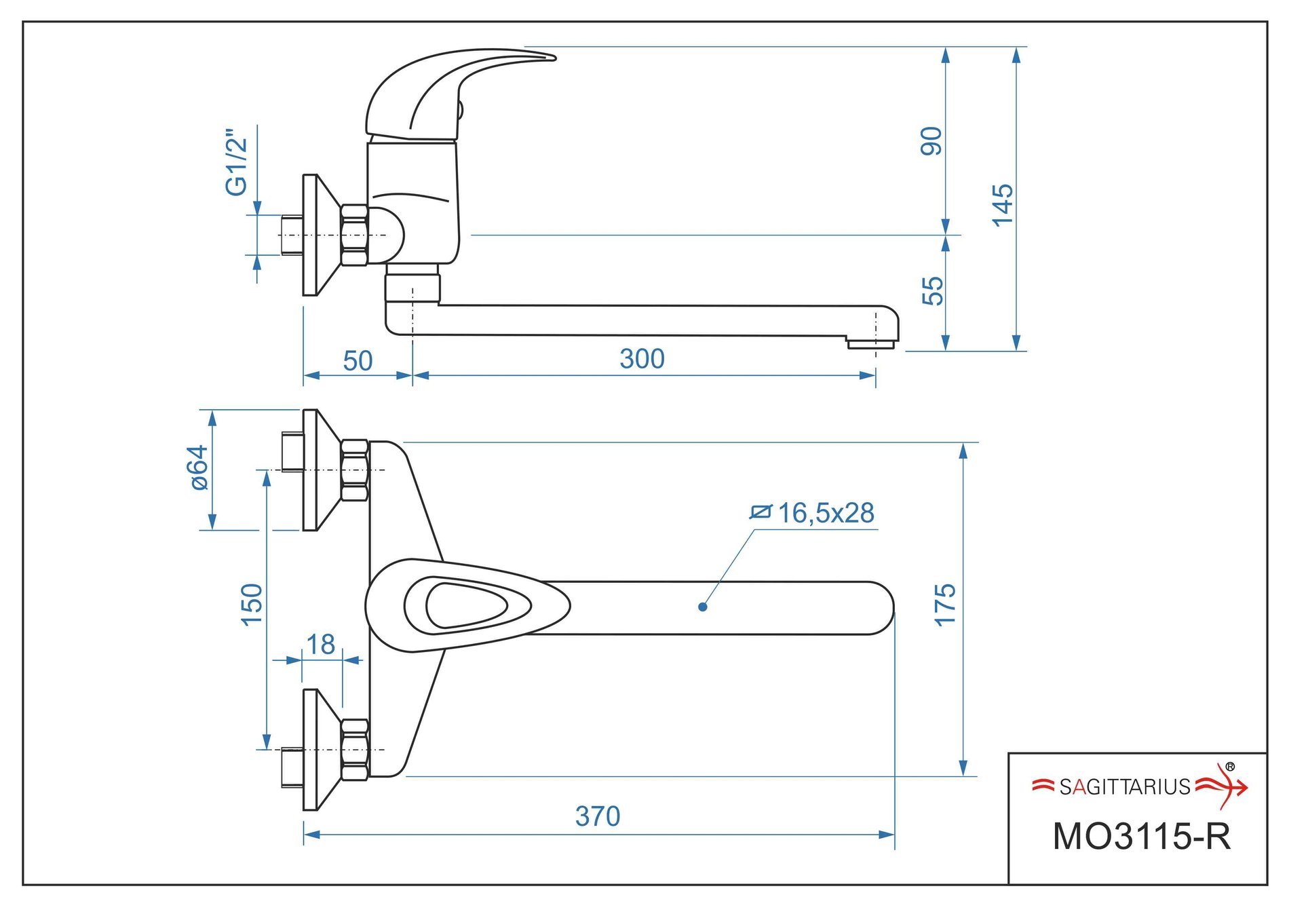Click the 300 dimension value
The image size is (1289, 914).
[x=642, y=359]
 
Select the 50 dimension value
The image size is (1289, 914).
[x=358, y=361]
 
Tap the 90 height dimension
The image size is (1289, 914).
[x=931, y=141]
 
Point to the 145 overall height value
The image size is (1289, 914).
[x=1002, y=205]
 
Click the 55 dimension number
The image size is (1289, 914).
[x=933, y=291]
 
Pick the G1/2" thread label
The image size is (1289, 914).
[x=237, y=162]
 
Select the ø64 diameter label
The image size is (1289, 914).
[x=198, y=468]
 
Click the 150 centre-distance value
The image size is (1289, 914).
[x=252, y=605]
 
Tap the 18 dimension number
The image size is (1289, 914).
[x=320, y=645]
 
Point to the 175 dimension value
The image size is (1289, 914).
[x=945, y=605]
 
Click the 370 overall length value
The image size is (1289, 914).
[x=598, y=816]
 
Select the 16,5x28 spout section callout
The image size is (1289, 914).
[x=825, y=513]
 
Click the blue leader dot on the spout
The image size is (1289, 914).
[x=703, y=607]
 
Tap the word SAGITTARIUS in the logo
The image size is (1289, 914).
[x=1125, y=787]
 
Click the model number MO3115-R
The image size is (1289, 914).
[x=1141, y=837]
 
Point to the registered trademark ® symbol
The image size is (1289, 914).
[x=1230, y=767]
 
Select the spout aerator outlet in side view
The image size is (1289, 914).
[x=870, y=344]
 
